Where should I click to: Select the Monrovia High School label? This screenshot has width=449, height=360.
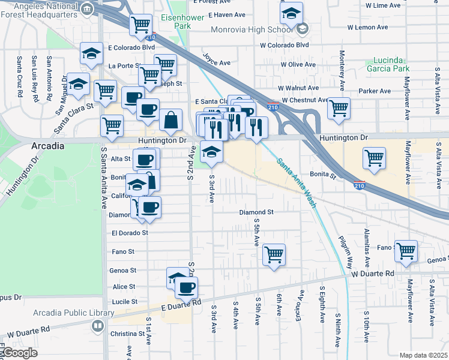pos(252,29)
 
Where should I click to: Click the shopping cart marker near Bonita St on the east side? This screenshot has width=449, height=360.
pos(375,158)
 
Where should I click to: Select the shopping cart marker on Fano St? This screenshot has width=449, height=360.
pos(406,250)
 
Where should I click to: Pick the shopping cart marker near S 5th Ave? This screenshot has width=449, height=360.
pos(274,254)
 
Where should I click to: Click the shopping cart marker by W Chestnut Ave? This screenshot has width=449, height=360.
pos(339,108)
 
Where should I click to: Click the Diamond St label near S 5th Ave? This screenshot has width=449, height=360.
pos(256,212)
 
